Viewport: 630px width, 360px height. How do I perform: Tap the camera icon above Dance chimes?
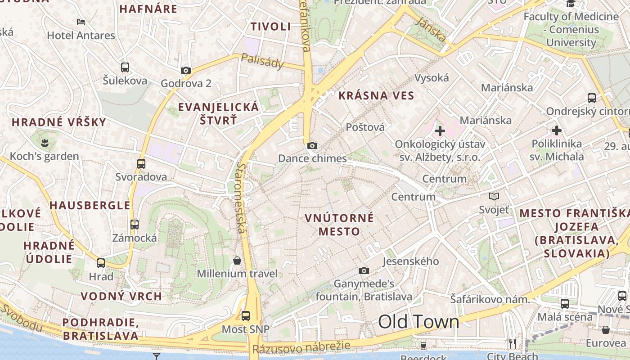[x=312, y=145]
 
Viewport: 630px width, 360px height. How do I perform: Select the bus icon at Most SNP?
[x=245, y=315]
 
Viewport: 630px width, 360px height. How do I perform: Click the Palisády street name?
[x=262, y=61]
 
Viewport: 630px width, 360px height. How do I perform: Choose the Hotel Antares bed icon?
[x=81, y=22]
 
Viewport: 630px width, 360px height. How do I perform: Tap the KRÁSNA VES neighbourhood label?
[x=376, y=95]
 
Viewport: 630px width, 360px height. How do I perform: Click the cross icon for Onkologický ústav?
[x=440, y=131]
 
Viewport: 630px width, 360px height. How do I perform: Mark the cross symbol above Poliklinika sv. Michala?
[x=557, y=130]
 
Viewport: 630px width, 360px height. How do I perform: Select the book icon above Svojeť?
[x=494, y=196]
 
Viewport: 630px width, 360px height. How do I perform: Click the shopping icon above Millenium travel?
[x=237, y=261]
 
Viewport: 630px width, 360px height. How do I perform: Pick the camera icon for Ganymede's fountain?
[x=364, y=270]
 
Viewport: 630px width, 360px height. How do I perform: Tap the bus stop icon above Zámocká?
[x=134, y=224]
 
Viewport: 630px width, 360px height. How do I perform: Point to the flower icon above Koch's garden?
[x=44, y=143]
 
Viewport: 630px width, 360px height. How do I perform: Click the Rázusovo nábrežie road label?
[x=301, y=347]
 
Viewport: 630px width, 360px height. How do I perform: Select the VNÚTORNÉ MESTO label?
[x=339, y=225]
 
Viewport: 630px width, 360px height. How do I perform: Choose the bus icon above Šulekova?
[x=125, y=67]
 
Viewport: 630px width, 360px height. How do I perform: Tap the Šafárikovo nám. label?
[x=490, y=299]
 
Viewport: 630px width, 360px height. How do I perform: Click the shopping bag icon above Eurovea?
[x=606, y=330]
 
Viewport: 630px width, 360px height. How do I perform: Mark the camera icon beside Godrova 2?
[x=185, y=70]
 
